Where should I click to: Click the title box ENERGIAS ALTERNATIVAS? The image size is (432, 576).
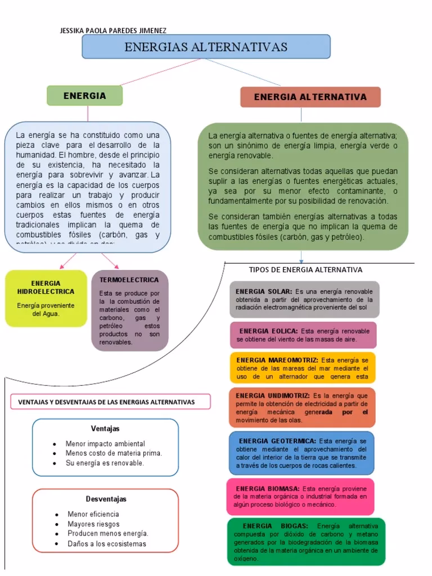click(206, 47)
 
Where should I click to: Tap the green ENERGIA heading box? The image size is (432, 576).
click(84, 96)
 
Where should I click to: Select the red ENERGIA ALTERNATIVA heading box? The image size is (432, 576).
click(310, 97)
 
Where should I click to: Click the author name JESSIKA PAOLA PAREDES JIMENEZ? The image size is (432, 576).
click(113, 30)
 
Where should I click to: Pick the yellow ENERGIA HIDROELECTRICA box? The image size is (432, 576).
click(46, 299)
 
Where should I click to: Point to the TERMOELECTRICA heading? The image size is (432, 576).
click(129, 280)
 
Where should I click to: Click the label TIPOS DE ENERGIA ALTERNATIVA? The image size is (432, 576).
click(305, 270)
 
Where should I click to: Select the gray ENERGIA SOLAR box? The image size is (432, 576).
click(304, 299)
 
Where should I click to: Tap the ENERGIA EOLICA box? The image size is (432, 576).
click(303, 335)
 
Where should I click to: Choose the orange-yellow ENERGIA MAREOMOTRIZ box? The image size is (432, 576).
click(303, 368)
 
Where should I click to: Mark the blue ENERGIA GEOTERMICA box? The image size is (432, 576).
click(301, 453)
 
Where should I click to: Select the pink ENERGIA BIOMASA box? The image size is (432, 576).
click(300, 496)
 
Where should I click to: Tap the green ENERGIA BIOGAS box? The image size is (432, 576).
click(306, 541)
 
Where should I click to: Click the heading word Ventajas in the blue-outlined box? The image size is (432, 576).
click(105, 429)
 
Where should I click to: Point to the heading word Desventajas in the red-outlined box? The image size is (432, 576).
click(106, 499)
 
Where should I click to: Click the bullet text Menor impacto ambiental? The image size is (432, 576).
click(105, 444)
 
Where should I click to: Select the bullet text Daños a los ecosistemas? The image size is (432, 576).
click(107, 544)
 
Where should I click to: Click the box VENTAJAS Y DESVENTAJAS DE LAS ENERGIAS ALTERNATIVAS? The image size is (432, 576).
click(110, 402)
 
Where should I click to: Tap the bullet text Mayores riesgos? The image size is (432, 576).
click(93, 524)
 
